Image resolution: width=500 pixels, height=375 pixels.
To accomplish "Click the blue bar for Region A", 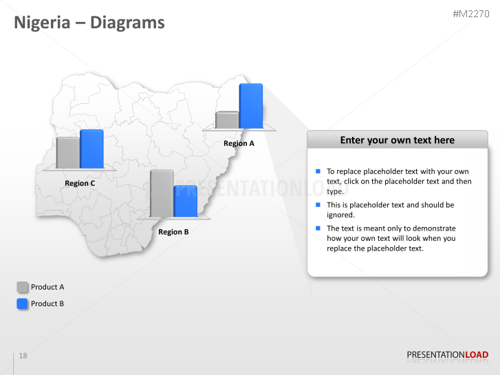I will pyautogui.click(x=251, y=106).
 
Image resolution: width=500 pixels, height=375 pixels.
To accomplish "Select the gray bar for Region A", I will pyautogui.click(x=227, y=120).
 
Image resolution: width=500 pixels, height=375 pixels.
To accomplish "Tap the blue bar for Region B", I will pyautogui.click(x=186, y=200).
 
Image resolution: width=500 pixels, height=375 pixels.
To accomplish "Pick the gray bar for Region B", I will pyautogui.click(x=162, y=193).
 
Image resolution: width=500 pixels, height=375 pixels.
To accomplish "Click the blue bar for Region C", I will pyautogui.click(x=91, y=149).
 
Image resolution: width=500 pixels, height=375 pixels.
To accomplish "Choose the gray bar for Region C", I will pyautogui.click(x=67, y=152).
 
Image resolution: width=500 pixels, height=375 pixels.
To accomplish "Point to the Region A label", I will pyautogui.click(x=239, y=143).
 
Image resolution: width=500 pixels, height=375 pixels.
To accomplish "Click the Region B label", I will pyautogui.click(x=173, y=232).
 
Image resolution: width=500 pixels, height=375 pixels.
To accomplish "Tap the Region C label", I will pyautogui.click(x=80, y=183).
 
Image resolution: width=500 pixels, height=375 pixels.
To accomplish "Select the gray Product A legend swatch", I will pyautogui.click(x=23, y=287).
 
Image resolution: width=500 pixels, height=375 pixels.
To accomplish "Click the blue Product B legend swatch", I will pyautogui.click(x=23, y=303).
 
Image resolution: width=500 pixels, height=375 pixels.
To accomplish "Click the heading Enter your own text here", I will pyautogui.click(x=397, y=140).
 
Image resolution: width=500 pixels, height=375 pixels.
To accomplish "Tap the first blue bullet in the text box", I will pyautogui.click(x=318, y=171).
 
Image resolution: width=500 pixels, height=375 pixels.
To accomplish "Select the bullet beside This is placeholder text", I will pyautogui.click(x=318, y=204).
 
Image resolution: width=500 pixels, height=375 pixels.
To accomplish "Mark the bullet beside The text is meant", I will pyautogui.click(x=318, y=228).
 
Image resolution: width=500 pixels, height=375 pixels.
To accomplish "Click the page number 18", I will pyautogui.click(x=23, y=356).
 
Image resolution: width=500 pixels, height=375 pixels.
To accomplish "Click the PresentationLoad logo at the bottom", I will pyautogui.click(x=447, y=355).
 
